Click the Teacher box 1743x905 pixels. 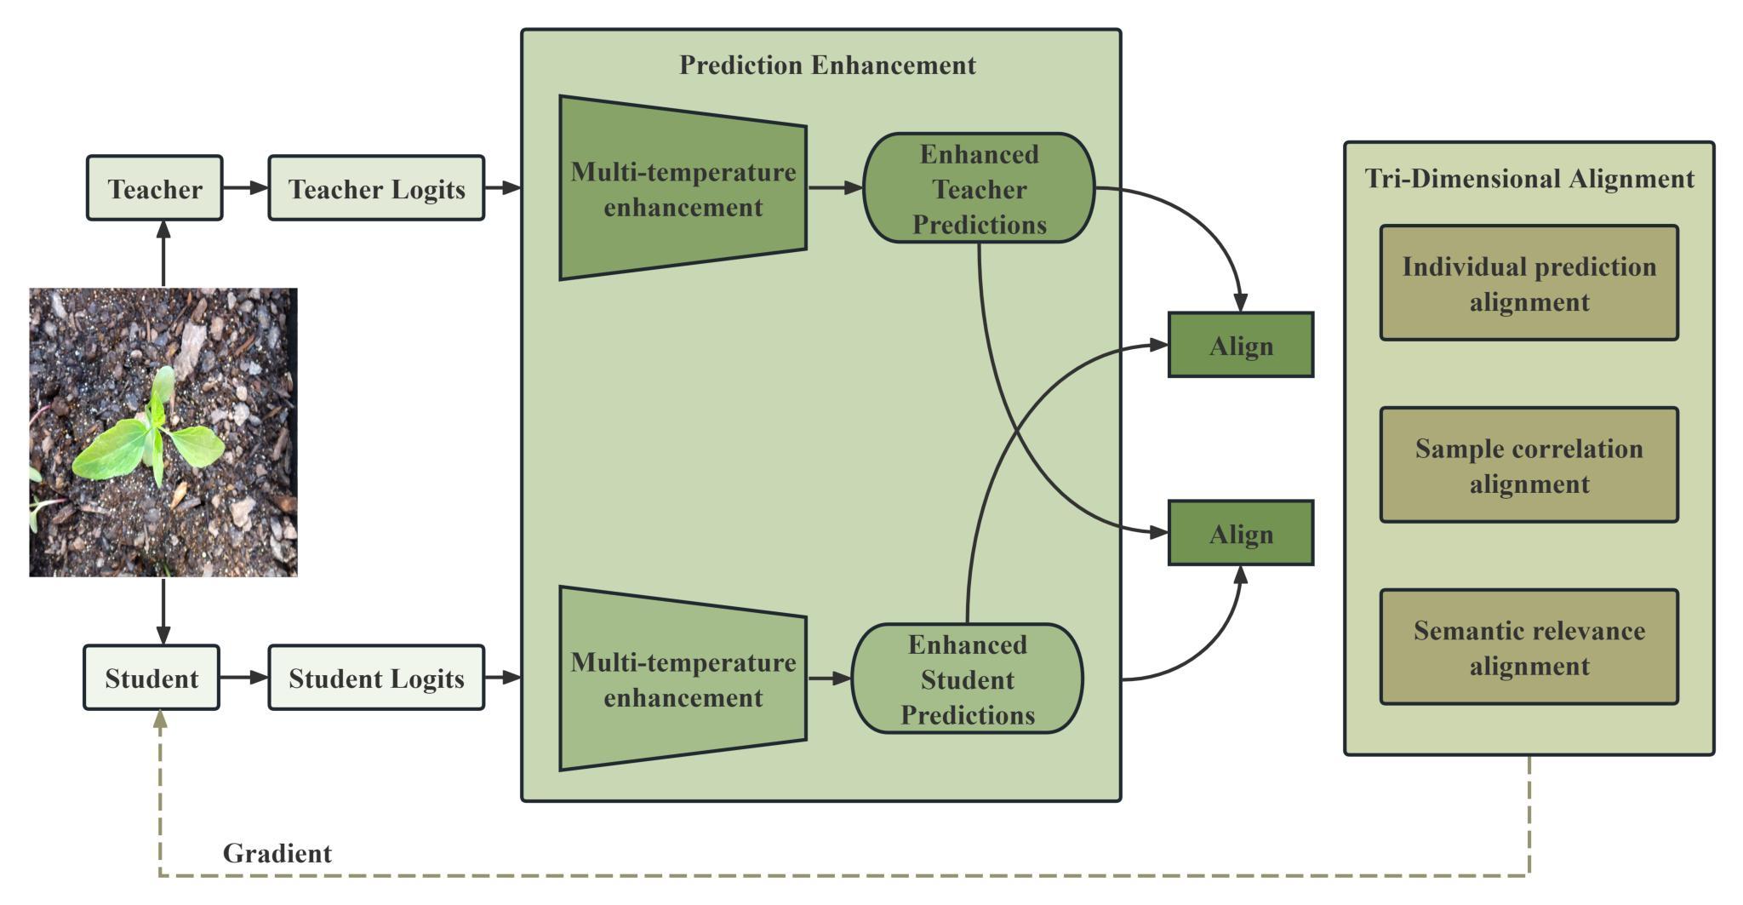155,188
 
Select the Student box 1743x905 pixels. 151,678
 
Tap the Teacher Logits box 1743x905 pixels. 376,188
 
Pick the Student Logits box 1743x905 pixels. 376,678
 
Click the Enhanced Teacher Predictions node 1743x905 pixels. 979,188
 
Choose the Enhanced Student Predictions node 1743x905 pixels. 967,679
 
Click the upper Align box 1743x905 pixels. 1241,345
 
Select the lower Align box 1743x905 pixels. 1241,533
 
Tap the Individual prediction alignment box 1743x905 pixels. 1529,284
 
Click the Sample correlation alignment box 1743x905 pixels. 1529,465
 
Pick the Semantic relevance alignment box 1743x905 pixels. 1529,647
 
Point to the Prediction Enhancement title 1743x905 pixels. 827,65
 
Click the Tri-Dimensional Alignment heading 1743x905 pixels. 1529,179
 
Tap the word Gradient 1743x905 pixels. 277,853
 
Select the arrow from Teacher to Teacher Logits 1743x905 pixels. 245,188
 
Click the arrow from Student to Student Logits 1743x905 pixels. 243,678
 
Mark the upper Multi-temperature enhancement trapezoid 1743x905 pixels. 683,188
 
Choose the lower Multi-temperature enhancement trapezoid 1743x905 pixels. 683,679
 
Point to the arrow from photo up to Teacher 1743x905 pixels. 163,254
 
